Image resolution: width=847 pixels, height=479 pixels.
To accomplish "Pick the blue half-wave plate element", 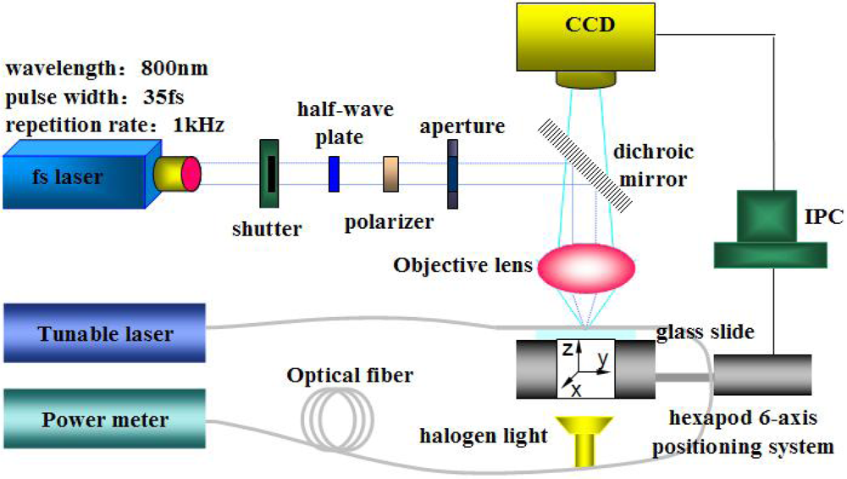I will click(x=335, y=172).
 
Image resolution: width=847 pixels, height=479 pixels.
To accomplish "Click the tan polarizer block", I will click(x=390, y=174).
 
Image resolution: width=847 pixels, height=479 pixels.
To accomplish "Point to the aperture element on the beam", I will click(x=454, y=174).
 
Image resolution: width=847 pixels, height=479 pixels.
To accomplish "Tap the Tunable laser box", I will click(x=103, y=333).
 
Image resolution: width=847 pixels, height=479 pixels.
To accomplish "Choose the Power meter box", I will click(x=103, y=419).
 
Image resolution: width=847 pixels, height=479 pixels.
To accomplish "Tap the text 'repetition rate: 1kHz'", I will click(x=114, y=125).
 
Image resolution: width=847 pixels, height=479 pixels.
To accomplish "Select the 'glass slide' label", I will click(x=705, y=331).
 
